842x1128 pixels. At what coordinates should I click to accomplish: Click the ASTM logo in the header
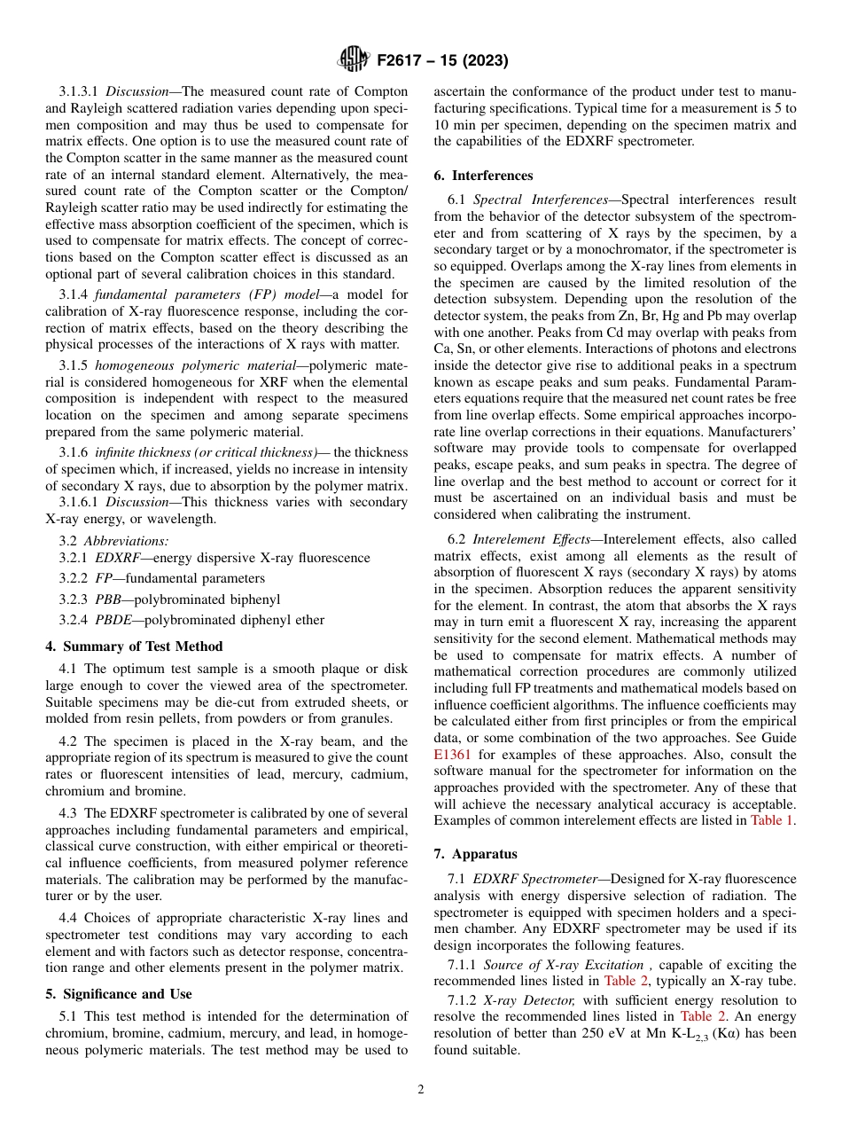pyautogui.click(x=354, y=61)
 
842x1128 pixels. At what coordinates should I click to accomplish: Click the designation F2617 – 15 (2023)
pyautogui.click(x=441, y=61)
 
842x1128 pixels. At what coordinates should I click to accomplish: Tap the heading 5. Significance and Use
pyautogui.click(x=126, y=994)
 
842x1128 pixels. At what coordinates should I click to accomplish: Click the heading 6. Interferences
pyautogui.click(x=483, y=176)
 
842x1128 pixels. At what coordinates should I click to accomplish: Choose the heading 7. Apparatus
pyautogui.click(x=475, y=854)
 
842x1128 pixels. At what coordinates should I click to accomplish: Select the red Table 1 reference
pyautogui.click(x=771, y=820)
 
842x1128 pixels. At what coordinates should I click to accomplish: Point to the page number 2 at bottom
pyautogui.click(x=421, y=1090)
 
